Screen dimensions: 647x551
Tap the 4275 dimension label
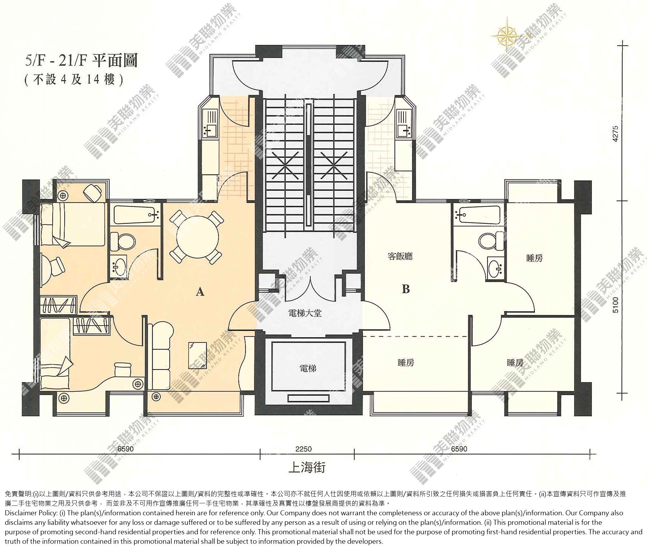click(615, 134)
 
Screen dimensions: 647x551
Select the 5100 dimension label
click(615, 305)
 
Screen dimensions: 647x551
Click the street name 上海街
click(307, 467)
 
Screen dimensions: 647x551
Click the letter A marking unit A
click(200, 292)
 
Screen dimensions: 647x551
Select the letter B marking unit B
click(406, 289)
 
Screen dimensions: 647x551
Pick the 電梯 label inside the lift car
click(308, 368)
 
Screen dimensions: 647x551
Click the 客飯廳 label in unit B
click(400, 256)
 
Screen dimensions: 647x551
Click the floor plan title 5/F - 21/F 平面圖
click(81, 61)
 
